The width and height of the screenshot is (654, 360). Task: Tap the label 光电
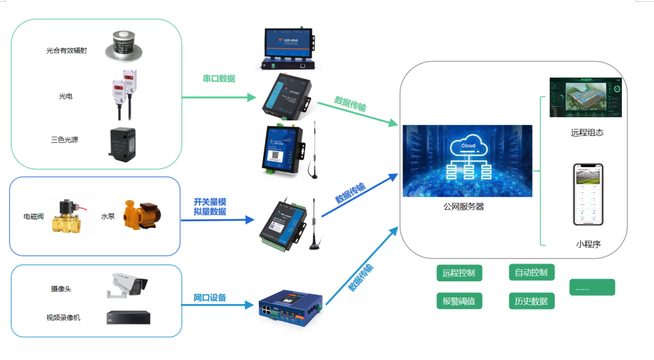[x=65, y=96]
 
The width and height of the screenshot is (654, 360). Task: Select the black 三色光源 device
[x=121, y=143]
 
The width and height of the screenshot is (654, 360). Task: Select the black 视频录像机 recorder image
[x=128, y=317]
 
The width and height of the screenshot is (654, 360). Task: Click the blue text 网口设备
[x=209, y=298]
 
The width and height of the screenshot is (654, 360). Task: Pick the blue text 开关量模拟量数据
[x=209, y=207]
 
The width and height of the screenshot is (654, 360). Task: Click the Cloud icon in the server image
[x=468, y=146]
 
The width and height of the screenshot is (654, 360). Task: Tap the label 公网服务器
[x=464, y=207]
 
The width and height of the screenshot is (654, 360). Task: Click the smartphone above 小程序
[x=587, y=194]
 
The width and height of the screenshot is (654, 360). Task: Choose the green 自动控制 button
[x=531, y=272]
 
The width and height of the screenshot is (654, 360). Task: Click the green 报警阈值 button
[x=459, y=301]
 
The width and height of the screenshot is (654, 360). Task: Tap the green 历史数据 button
[x=531, y=301]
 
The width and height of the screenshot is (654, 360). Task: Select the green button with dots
[x=592, y=287]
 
